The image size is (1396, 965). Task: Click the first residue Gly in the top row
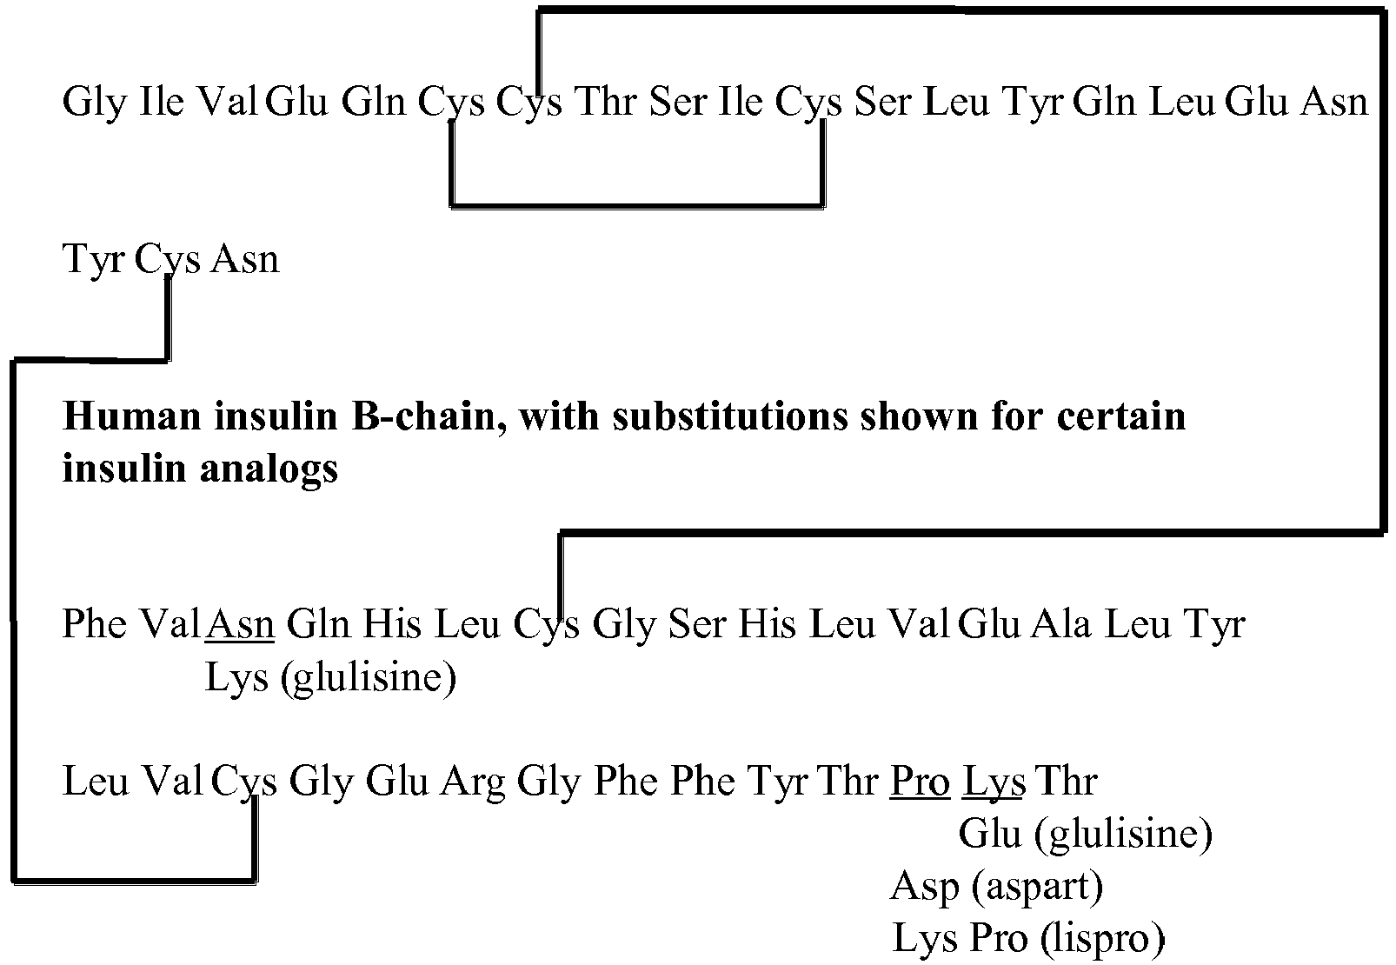coord(96,103)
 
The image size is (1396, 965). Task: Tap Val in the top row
coord(227,101)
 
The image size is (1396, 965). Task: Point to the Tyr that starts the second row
coord(94,260)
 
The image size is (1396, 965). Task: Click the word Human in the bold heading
coord(131,416)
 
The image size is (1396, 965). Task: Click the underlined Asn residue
coord(241,623)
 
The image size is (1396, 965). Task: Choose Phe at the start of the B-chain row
coord(94,623)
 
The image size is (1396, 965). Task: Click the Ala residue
coord(1060,623)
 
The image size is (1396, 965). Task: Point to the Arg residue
coord(472,782)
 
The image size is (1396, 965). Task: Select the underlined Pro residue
coord(920,782)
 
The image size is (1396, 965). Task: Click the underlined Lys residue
coord(994,782)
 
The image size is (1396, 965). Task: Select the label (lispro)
coord(1102,938)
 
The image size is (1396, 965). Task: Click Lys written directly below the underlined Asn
coord(236,677)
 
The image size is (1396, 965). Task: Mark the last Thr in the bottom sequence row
coord(1067,781)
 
